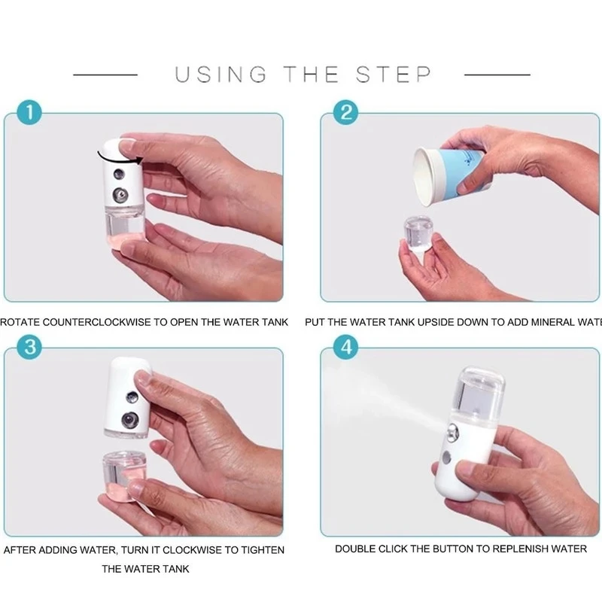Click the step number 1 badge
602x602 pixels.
(x=29, y=114)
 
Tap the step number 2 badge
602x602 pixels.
(x=346, y=114)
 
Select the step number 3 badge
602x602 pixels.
(x=29, y=348)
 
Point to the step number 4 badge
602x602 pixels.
(x=346, y=348)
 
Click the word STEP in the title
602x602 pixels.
(x=394, y=74)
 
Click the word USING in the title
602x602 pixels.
(x=220, y=74)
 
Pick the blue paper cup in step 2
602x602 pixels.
(x=450, y=174)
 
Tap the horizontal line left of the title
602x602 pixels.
(x=105, y=74)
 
